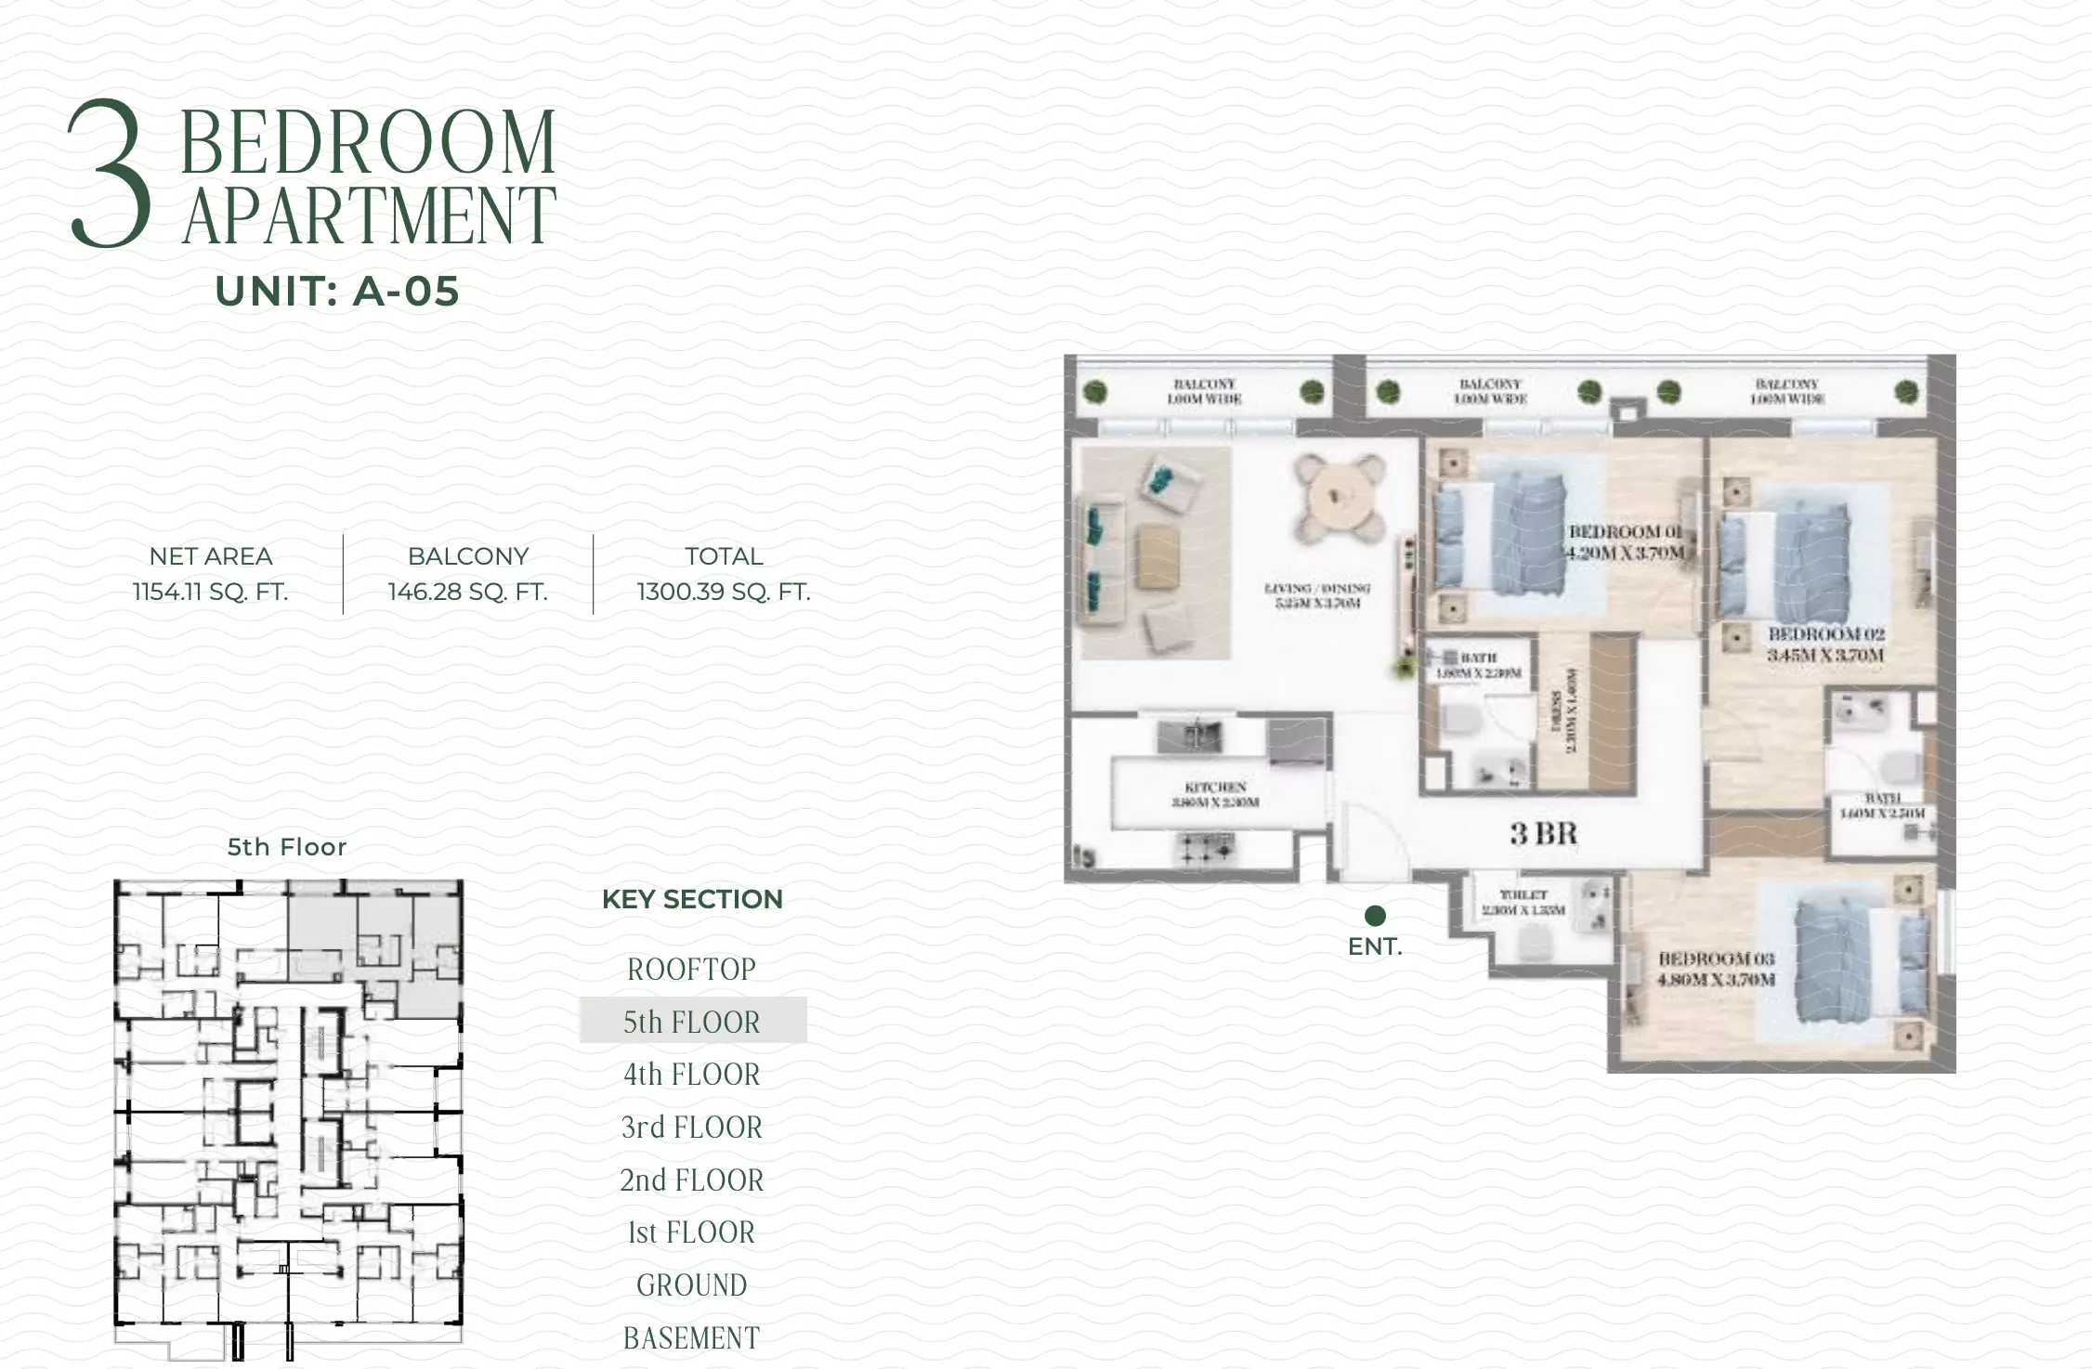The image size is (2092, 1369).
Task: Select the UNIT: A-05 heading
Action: coord(337,292)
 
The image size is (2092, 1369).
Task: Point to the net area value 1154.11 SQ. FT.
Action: coord(211,592)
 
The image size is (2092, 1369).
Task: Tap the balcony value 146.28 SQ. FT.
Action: coord(467,592)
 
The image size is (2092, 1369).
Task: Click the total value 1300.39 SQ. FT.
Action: coord(724,592)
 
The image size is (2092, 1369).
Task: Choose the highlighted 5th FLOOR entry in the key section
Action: coord(692,1022)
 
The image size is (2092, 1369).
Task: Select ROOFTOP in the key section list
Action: coord(692,970)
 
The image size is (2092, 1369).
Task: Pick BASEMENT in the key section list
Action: coord(692,1338)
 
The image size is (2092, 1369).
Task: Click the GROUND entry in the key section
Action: coord(692,1285)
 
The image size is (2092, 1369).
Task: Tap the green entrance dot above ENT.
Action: coord(1375,916)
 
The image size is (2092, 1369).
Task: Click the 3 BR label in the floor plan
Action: coord(1543,833)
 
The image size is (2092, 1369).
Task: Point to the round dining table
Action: coord(1339,502)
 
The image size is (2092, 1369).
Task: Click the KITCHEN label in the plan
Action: coord(1215,794)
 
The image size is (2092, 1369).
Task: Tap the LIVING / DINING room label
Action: coord(1317,595)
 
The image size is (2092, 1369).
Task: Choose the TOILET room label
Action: coord(1523,902)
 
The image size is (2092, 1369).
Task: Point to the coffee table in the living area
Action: coord(1157,555)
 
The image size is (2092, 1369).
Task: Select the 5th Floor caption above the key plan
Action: coord(287,847)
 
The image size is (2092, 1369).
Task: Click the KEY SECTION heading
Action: coord(692,899)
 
